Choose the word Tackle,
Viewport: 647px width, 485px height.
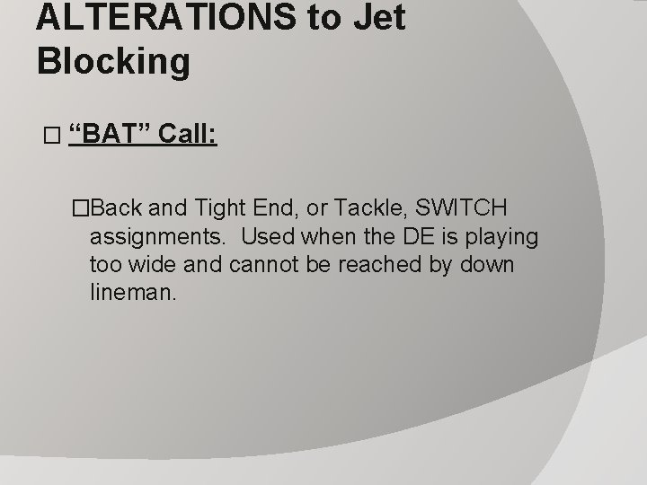(x=369, y=209)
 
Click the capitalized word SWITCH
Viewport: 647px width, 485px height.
(x=462, y=209)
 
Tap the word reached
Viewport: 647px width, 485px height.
(x=386, y=265)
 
